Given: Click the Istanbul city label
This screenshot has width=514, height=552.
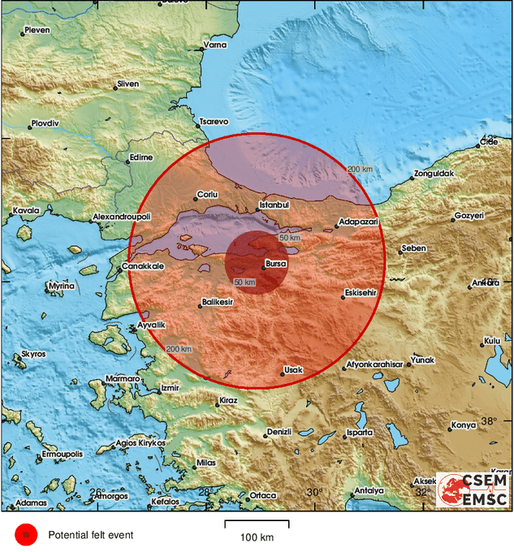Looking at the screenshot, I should [x=274, y=205].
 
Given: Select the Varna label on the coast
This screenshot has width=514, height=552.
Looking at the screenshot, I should [x=214, y=45].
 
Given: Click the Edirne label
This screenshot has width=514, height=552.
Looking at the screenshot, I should [x=140, y=157].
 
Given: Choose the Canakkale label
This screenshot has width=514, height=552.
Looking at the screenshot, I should [x=143, y=266].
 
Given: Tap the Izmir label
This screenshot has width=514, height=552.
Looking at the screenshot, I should [x=170, y=388].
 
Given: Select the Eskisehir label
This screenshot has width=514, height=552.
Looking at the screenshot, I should [x=359, y=292].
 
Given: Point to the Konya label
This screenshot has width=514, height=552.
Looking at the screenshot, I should [x=463, y=425].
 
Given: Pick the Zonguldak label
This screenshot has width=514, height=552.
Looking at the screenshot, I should [x=434, y=173].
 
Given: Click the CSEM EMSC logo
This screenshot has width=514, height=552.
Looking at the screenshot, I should [x=473, y=489].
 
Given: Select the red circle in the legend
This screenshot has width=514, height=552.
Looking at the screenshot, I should [x=26, y=535].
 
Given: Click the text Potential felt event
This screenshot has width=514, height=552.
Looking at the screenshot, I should [x=90, y=535].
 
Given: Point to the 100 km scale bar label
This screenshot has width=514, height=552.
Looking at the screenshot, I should [x=257, y=538].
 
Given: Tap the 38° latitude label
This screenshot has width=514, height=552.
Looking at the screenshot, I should [x=489, y=420].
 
